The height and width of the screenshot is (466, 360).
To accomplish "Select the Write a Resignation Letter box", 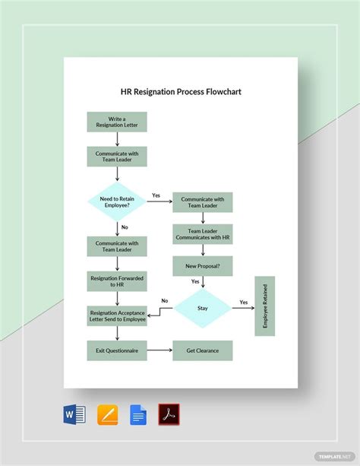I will click(x=117, y=122).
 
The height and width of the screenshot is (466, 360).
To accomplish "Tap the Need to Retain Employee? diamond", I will click(x=117, y=201).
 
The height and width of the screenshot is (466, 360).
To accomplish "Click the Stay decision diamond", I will click(x=203, y=309).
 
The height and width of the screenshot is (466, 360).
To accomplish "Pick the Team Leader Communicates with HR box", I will click(x=202, y=234).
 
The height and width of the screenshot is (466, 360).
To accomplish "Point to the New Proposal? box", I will click(x=202, y=266).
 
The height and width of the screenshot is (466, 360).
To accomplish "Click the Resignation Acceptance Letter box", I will click(x=117, y=315).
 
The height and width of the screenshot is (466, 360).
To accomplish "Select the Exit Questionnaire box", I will click(x=117, y=350).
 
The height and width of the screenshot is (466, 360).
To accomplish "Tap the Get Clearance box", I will click(x=202, y=350).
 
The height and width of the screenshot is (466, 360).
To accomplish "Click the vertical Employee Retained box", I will click(x=265, y=306).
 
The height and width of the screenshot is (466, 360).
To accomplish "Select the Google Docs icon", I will click(x=138, y=415).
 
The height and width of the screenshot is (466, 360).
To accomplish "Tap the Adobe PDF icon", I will click(x=169, y=415).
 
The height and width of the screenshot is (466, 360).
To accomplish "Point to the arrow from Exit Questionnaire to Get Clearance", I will click(x=159, y=350).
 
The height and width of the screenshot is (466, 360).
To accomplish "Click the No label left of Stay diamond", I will click(x=164, y=301).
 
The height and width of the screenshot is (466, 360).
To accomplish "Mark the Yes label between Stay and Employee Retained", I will click(x=244, y=302).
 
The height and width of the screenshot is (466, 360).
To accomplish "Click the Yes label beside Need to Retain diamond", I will click(x=156, y=195).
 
